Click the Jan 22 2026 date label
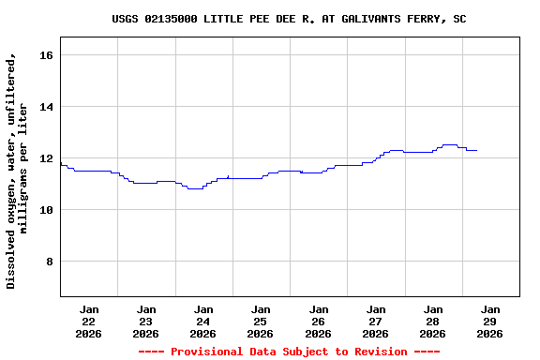click(x=89, y=321)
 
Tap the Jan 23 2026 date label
click(x=146, y=321)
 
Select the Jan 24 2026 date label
click(x=203, y=321)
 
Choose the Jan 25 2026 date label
click(x=261, y=321)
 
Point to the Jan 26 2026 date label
click(x=318, y=321)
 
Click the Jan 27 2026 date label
click(x=375, y=321)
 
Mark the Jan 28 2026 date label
click(x=432, y=321)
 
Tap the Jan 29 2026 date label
click(x=489, y=321)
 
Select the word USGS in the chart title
click(x=126, y=19)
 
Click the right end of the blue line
click(x=477, y=150)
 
